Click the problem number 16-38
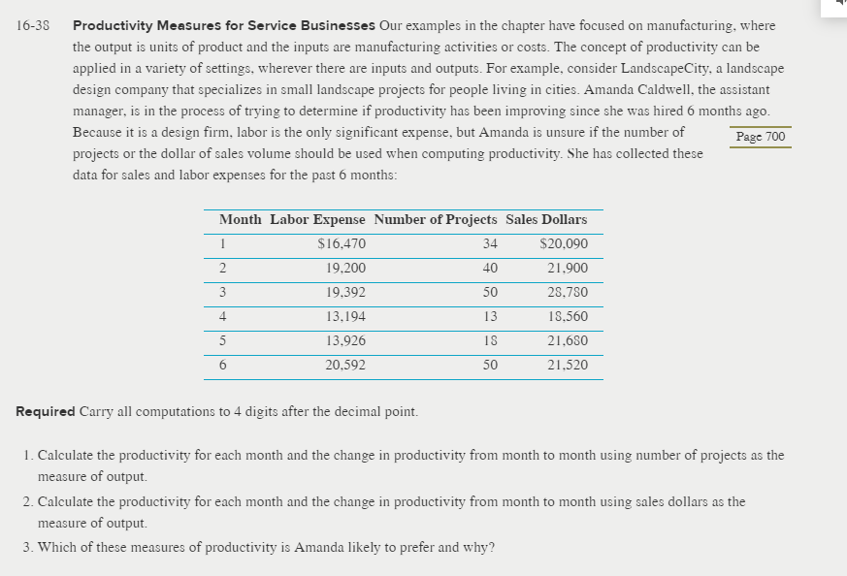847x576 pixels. click(34, 25)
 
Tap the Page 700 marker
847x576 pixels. click(761, 137)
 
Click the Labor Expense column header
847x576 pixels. click(317, 220)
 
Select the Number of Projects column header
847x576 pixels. click(435, 220)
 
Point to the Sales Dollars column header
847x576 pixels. click(546, 220)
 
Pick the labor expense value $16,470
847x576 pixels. click(342, 244)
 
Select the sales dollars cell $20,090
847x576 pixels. click(563, 244)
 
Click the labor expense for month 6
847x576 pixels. click(345, 366)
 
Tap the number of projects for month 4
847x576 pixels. click(490, 317)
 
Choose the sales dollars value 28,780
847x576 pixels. click(567, 293)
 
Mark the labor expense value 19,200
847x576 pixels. click(345, 269)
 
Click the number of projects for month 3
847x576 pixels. click(490, 293)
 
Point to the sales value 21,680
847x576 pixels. click(567, 341)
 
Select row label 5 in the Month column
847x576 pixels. click(222, 341)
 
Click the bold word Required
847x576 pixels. click(46, 411)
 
